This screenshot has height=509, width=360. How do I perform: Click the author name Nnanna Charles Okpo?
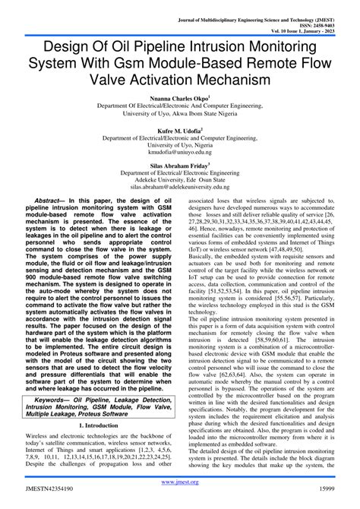pyautogui.click(x=178, y=99)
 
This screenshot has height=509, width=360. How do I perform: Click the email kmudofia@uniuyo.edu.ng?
pyautogui.click(x=179, y=152)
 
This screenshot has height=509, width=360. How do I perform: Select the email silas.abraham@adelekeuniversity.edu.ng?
pyautogui.click(x=179, y=185)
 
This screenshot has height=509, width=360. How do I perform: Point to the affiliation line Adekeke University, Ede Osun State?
pyautogui.click(x=179, y=178)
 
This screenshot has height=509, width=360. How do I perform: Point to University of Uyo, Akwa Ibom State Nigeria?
pyautogui.click(x=179, y=114)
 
